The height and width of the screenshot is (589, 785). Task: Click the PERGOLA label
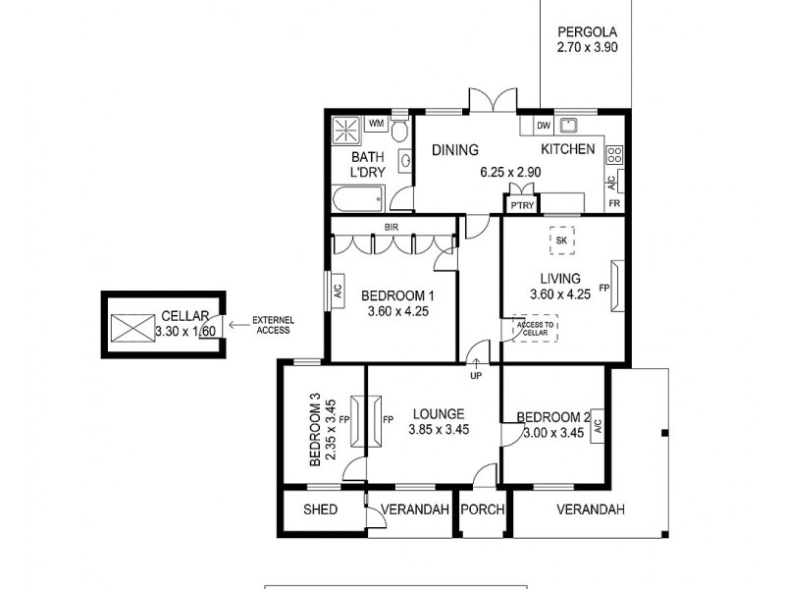tap(587, 30)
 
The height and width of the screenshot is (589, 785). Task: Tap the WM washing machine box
tap(376, 124)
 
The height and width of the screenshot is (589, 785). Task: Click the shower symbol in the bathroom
tap(345, 130)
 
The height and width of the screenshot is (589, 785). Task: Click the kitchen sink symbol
tap(568, 125)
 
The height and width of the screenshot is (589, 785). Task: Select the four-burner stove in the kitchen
tap(615, 154)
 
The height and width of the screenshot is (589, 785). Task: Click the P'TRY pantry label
tap(521, 205)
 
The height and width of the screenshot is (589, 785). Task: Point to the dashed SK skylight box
tap(561, 241)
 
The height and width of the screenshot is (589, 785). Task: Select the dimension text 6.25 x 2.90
tap(510, 172)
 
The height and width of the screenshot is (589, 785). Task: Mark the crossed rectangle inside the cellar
tap(130, 326)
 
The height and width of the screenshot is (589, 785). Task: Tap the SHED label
tap(321, 509)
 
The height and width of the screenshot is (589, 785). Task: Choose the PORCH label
tap(484, 509)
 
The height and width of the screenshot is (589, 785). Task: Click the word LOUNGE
tap(438, 413)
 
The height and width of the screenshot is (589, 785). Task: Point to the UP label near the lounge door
tap(476, 376)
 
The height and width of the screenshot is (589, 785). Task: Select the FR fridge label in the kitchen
tap(614, 203)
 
